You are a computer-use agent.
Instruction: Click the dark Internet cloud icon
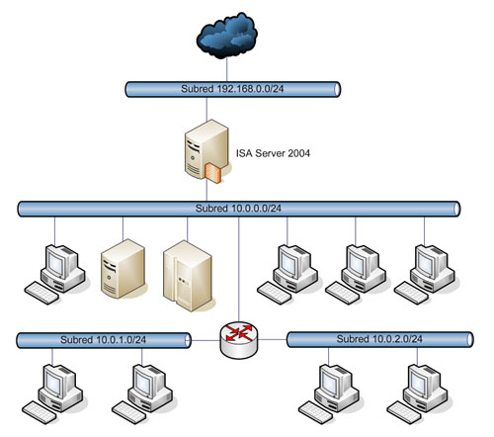tap(227, 36)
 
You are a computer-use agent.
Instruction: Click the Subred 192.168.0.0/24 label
tap(232, 89)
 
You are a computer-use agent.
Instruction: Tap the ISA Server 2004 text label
tap(273, 153)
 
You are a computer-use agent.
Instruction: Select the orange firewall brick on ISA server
tap(212, 173)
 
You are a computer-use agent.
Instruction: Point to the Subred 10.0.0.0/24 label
tap(238, 209)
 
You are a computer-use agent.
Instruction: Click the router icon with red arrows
tap(239, 340)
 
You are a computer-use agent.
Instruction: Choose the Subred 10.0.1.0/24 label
tap(103, 340)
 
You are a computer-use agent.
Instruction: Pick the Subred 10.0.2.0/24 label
tap(379, 339)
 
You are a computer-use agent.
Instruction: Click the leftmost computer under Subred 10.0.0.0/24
tap(55, 274)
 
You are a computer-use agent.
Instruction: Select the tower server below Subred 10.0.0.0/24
tap(123, 269)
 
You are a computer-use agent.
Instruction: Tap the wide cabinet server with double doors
tap(188, 276)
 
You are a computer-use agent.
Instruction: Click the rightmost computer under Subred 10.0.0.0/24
tap(425, 274)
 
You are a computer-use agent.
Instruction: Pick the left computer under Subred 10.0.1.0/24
tap(53, 393)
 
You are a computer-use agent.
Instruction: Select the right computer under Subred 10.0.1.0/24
tap(142, 393)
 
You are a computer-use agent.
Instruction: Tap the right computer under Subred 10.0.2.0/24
tap(418, 393)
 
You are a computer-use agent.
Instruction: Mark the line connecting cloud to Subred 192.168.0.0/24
tap(227, 70)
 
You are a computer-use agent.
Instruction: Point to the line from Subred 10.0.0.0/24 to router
tap(239, 269)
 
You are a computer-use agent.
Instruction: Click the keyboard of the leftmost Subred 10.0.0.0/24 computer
tap(41, 293)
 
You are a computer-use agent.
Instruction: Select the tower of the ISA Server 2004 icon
tap(206, 149)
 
